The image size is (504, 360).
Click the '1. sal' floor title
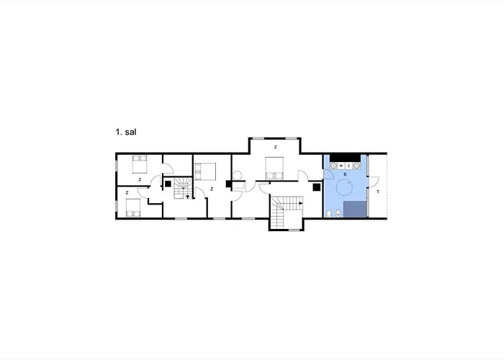pos(126,132)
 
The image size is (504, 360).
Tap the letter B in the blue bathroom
pos(345,174)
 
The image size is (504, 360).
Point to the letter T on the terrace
pos(378,192)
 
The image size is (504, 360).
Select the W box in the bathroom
pos(341,166)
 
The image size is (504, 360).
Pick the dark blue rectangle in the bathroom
pos(355,210)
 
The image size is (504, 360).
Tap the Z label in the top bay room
pos(276,147)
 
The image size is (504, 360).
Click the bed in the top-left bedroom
pos(140,164)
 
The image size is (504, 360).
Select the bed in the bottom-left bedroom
pos(133,207)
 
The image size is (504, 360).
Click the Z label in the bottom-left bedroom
pos(127,193)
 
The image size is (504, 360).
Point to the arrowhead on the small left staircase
pos(188,197)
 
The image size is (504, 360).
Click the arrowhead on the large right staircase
pos(301,203)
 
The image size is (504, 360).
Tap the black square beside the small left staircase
pos(168,184)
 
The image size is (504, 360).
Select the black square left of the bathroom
pos(317,187)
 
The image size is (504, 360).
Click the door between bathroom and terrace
pos(373,182)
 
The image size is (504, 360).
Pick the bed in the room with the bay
pos(274,168)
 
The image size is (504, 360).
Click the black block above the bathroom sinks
pos(345,158)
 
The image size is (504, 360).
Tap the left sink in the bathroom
pos(334,166)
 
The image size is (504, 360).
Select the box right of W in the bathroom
pos(348,166)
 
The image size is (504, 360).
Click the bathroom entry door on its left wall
pos(328,174)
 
